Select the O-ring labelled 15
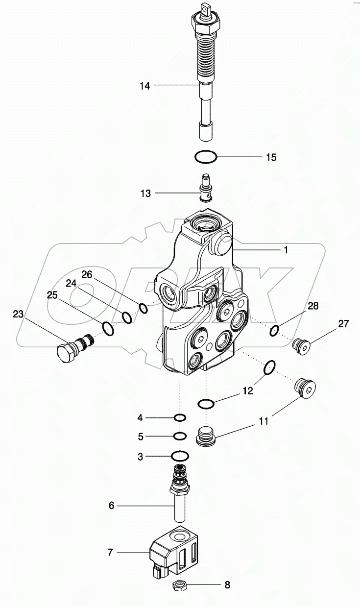tap(205, 157)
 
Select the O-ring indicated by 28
tap(274, 331)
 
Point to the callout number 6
tap(111, 505)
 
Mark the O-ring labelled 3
tap(180, 457)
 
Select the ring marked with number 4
tap(180, 418)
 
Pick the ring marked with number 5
tap(180, 436)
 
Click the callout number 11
tap(264, 421)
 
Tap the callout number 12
tap(248, 390)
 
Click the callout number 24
tap(72, 283)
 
